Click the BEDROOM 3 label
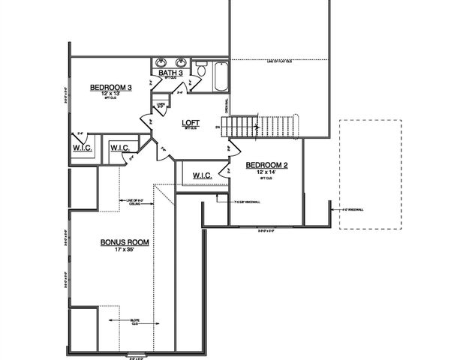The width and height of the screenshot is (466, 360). pos(111,88)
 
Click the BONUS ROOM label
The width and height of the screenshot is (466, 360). pos(125,242)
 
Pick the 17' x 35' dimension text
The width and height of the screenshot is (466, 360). pos(125,250)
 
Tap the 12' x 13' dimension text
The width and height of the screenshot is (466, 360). pos(111,95)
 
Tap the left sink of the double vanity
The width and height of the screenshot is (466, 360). pos(161,62)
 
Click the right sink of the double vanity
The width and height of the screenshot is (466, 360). pos(180,62)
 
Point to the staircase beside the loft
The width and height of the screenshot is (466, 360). pos(263,126)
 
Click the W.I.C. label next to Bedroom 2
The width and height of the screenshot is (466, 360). pos(203,175)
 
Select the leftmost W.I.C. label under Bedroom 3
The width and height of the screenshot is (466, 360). pos(83,147)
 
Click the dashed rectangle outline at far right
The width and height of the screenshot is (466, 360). pos(369,172)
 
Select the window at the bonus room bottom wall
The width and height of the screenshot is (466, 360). pos(136,354)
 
